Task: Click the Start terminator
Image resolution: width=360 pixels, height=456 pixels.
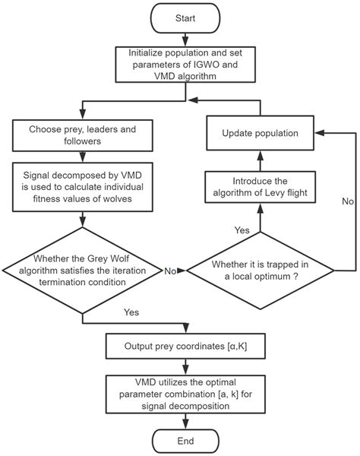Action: click(x=186, y=18)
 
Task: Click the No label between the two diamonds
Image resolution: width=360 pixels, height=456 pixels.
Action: click(x=170, y=271)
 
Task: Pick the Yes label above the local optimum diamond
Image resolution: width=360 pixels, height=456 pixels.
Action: click(x=241, y=229)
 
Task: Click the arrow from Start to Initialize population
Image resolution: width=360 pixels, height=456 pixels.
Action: click(x=186, y=39)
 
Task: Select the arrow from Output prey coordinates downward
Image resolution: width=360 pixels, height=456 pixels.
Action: click(x=186, y=366)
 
